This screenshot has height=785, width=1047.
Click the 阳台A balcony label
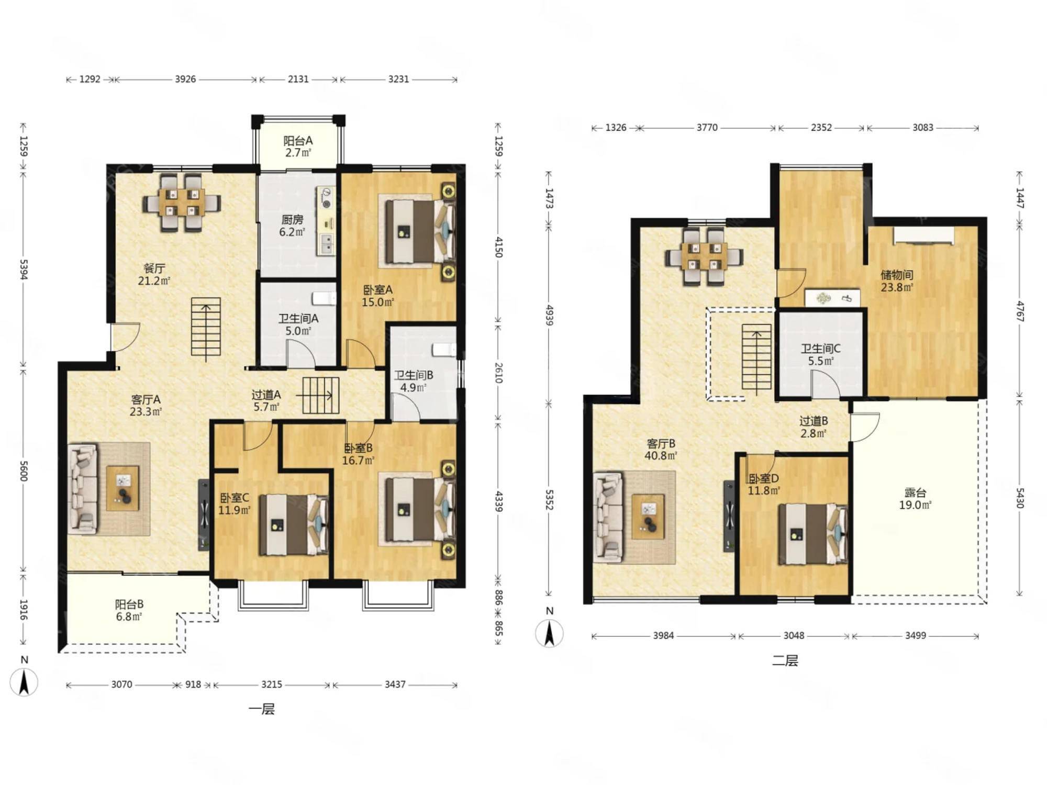pos(298,141)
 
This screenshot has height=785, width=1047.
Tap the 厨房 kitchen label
pos(292,220)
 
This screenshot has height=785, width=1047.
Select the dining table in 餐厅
pos(182,203)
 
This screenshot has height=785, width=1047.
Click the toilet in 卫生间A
pos(324,298)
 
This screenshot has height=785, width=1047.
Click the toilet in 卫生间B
pos(444,350)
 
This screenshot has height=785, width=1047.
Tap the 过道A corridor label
pos(266,395)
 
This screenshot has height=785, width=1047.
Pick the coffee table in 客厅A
pos(122,488)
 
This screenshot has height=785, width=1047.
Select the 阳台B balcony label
pos(129,604)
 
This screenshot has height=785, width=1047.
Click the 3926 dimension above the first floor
pos(185,79)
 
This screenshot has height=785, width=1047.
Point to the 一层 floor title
pos(261,709)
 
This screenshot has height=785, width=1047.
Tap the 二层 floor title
pos(785,660)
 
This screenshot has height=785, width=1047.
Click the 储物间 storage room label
pos(897,275)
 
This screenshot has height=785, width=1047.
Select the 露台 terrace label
pos(915,492)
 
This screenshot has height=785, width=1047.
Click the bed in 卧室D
pos(812,534)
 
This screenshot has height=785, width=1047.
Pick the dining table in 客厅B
pos(704,256)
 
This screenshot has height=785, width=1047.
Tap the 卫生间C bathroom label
pos(820,349)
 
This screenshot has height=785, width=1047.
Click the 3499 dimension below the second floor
pos(915,635)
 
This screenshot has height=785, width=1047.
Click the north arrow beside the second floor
pos(549,633)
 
